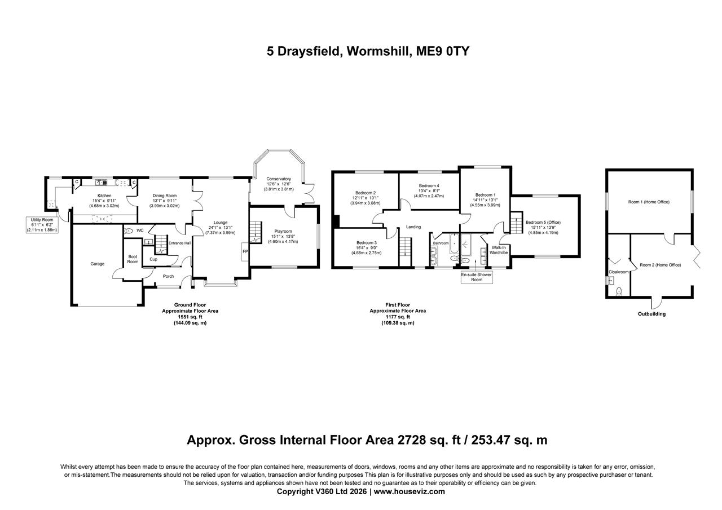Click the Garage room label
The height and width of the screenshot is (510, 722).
pos(98,264)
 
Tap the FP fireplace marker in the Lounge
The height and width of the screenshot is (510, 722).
pos(245,251)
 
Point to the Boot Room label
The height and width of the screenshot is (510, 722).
pos(133,259)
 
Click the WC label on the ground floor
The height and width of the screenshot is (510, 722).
pos(139,230)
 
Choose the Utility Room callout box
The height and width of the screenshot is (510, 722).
pos(42,224)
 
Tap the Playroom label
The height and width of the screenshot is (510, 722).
pos(283,231)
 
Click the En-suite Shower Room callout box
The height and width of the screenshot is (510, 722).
pos(477,277)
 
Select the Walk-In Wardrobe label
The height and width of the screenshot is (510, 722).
pos(499,250)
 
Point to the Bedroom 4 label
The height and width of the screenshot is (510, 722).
pos(429,185)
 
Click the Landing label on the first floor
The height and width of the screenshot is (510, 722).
pos(413,227)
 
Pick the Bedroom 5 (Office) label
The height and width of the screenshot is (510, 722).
pos(543,222)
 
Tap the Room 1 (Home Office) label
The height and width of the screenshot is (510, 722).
pos(649,202)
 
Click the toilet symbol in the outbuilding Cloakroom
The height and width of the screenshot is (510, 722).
pos(619,291)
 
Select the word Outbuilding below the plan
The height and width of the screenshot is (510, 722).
pos(651,314)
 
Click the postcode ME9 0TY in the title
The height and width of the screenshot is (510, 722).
pos(443,51)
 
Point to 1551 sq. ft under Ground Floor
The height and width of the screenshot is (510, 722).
pos(190,317)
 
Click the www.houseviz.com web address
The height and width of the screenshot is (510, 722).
pos(409,491)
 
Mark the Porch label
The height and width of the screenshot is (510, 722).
pos(168,276)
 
